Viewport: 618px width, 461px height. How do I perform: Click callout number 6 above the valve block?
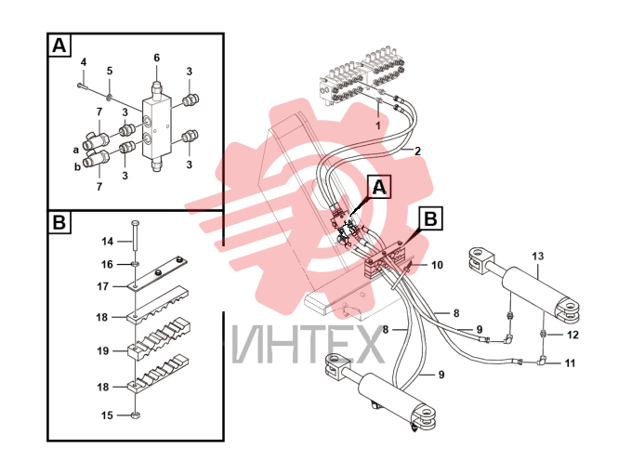pos(156,58)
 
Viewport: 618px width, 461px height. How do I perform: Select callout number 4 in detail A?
pos(84,62)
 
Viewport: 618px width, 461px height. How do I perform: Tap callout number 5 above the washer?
pos(110,71)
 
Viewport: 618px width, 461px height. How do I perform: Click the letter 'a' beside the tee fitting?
pos(76,151)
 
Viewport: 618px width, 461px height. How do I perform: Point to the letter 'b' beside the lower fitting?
pos(78,166)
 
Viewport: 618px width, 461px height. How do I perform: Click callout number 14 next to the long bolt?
pos(108,241)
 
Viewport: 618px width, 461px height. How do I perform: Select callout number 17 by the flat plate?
pos(103,286)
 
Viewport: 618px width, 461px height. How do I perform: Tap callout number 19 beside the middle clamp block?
pos(103,350)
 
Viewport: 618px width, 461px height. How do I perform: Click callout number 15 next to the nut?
pos(107,415)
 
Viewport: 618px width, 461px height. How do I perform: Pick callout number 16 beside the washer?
pos(107,264)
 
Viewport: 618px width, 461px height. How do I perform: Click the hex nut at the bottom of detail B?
pos(135,415)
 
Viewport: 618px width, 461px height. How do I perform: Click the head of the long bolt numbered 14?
pos(135,223)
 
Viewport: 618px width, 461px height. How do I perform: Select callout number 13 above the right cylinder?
pos(537,257)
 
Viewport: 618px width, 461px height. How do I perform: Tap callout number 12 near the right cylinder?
pos(572,335)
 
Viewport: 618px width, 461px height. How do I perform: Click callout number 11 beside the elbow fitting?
pos(570,362)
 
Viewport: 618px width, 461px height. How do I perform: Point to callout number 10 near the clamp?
pos(437,265)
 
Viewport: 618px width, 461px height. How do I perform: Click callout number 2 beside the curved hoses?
pos(417,151)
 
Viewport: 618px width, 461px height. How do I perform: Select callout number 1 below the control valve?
pos(378,125)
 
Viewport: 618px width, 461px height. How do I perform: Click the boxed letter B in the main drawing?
pos(430,218)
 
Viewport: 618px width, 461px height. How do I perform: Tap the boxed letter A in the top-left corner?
pos(59,46)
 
